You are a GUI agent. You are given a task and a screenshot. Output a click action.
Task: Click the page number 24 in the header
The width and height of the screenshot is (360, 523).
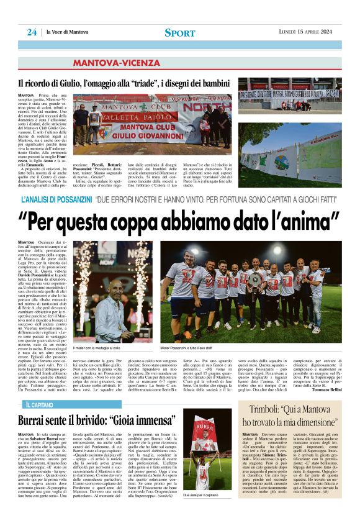point(32,32)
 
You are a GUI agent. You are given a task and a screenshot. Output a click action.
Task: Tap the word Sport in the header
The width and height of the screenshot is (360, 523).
point(179,32)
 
